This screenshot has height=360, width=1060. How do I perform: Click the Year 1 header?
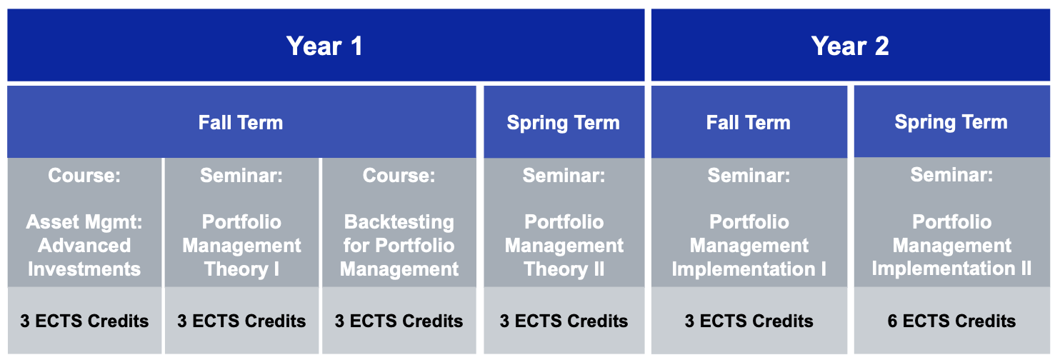pos(324,46)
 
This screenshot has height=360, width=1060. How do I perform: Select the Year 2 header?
pos(850,46)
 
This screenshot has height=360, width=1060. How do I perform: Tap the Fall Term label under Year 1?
pos(241,123)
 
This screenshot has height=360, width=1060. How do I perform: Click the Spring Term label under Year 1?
pos(563,123)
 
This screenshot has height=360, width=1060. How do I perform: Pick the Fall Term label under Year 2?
pos(749,123)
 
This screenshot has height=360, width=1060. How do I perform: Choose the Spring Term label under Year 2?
pos(951,123)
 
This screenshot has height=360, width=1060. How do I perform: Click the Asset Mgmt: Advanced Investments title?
pos(84,245)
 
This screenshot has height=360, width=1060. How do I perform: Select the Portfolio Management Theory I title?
pos(241,245)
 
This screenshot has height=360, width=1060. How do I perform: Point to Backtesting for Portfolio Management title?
pos(399,245)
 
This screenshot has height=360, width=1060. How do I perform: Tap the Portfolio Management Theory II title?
pos(564,245)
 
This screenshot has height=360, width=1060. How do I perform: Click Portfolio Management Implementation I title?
pos(749,245)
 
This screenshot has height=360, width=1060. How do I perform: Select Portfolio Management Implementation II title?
pos(951,244)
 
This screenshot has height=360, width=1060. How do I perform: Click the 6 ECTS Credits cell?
pos(951,321)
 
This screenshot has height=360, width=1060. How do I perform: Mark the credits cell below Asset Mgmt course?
pos(84,321)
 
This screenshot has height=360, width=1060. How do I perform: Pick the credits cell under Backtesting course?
pos(399,321)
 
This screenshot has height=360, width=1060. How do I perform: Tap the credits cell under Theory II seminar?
pos(564,321)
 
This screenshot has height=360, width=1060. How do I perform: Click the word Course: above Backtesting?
pos(399,176)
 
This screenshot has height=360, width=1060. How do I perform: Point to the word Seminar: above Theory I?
pos(241,176)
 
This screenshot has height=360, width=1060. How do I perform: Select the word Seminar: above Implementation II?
pos(951,175)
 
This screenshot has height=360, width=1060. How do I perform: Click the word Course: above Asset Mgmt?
pos(84,176)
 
